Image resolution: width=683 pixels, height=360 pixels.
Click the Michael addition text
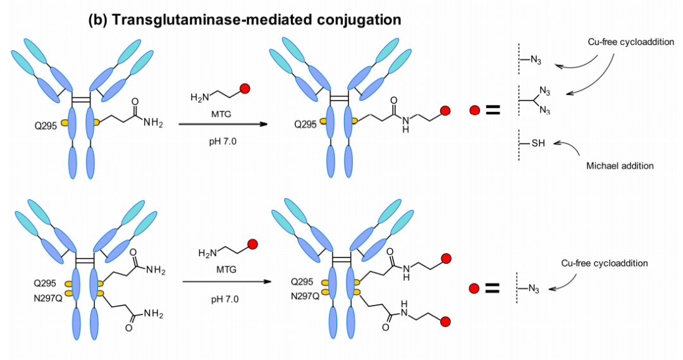click(619, 165)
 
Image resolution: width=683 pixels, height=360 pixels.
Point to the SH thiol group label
click(538, 144)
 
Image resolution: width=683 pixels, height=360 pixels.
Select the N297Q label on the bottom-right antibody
click(305, 295)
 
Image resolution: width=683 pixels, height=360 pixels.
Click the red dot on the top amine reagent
click(245, 89)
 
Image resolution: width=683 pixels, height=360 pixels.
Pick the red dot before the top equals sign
click(474, 111)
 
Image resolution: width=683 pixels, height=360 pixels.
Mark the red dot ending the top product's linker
click(445, 111)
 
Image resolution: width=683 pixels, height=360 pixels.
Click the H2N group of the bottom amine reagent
click(207, 253)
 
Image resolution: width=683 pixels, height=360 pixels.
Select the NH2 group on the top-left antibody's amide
click(152, 123)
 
